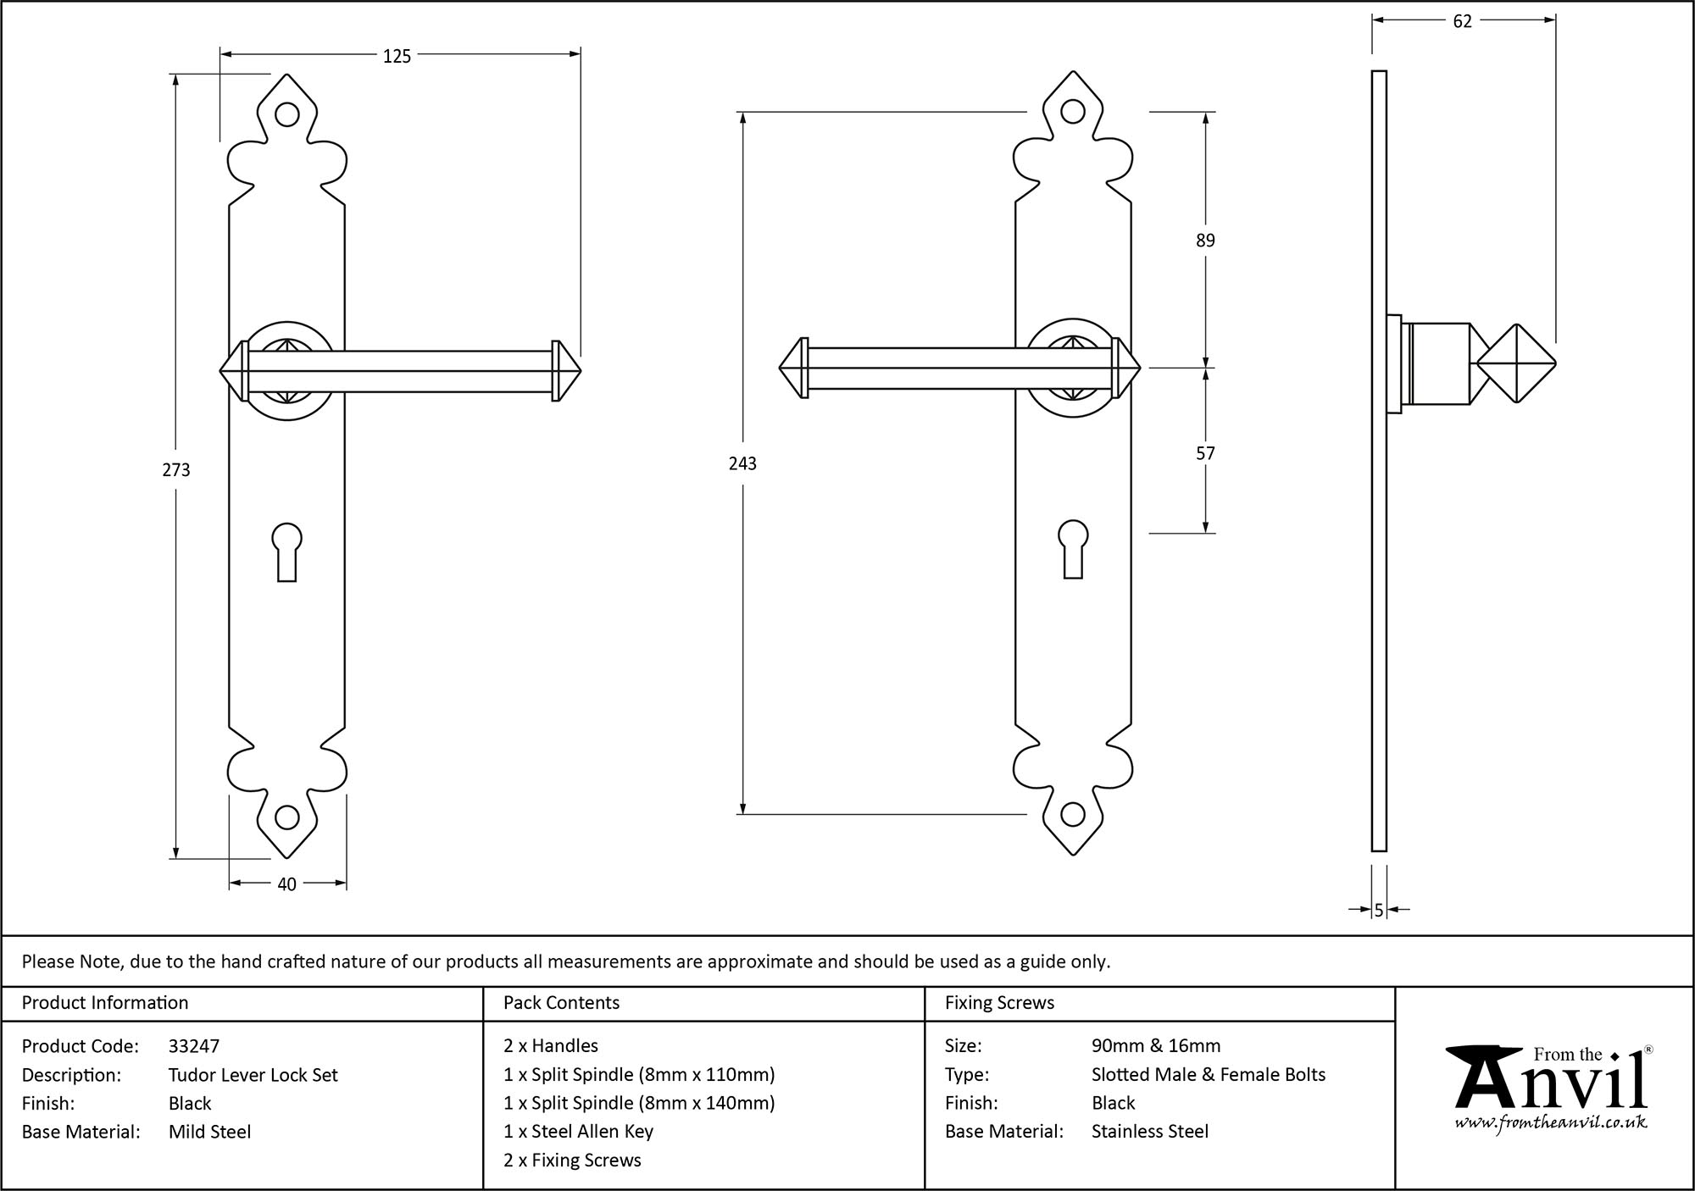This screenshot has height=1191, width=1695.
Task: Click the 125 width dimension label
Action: pos(397,56)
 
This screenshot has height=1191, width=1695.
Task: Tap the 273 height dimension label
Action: pos(176,470)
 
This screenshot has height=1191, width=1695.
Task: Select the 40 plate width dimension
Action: pos(286,884)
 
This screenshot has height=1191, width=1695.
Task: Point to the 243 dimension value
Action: pos(742,463)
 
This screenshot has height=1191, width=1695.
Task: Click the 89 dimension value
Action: pos(1205,241)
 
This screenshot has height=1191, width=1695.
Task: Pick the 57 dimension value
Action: pos(1205,453)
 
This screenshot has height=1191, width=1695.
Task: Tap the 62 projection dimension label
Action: pos(1463,22)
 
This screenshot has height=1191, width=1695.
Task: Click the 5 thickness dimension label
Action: pos(1379,910)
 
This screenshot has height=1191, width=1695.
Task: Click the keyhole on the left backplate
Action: pos(287,550)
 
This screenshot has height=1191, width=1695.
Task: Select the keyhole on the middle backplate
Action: pos(1073,547)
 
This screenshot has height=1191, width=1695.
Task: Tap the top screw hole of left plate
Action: pos(287,114)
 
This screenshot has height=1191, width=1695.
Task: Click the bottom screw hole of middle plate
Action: pos(1073,815)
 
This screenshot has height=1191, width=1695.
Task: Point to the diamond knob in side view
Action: pos(1516,364)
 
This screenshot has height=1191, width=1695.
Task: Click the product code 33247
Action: pos(194,1046)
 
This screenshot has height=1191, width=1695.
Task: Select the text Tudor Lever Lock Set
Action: pos(253,1075)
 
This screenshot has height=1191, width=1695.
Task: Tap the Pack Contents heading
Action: pos(561,1003)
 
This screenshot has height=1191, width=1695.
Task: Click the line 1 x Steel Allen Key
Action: pos(578,1132)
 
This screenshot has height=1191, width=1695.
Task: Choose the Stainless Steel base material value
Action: pos(1149,1132)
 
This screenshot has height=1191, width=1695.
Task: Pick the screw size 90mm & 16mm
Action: pos(1156,1046)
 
